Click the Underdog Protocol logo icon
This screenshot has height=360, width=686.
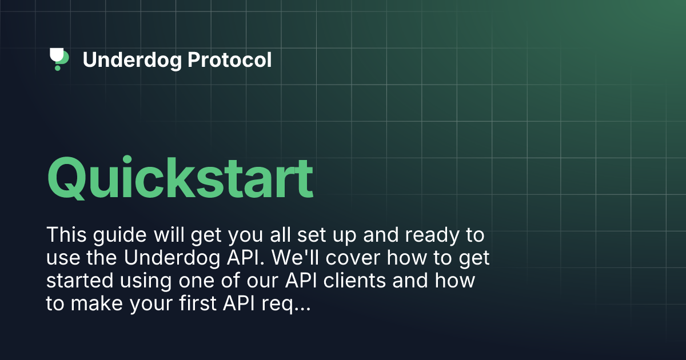[x=59, y=59]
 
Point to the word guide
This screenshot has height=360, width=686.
[x=114, y=235]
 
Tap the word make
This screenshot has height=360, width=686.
[x=97, y=305]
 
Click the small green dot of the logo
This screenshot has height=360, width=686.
[x=57, y=68]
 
